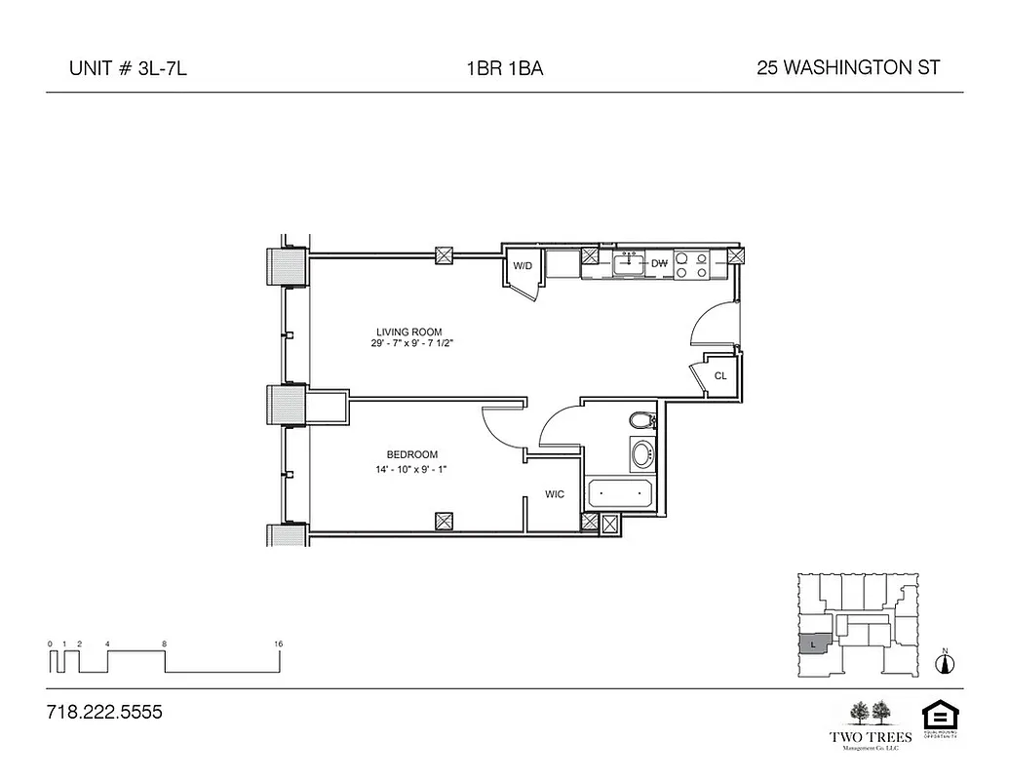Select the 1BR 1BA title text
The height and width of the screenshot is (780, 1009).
click(504, 68)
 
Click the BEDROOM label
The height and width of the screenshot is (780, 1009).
click(411, 454)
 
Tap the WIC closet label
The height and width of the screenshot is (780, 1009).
click(555, 494)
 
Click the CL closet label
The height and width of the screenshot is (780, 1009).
click(720, 375)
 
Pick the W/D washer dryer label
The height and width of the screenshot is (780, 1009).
click(522, 265)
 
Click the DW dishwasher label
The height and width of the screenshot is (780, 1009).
click(659, 263)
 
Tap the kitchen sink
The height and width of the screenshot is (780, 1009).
click(629, 262)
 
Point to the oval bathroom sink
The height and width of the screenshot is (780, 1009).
click(641, 454)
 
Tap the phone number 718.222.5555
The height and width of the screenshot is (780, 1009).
click(104, 713)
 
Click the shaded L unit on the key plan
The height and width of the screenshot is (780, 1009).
click(812, 644)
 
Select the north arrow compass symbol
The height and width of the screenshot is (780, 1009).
click(944, 663)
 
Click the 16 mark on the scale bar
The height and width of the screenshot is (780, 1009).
click(279, 644)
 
